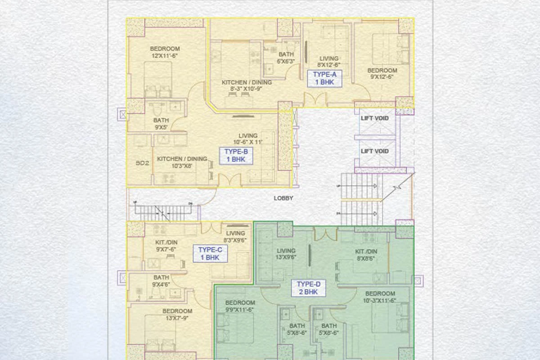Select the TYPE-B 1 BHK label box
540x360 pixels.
click(x=236, y=155)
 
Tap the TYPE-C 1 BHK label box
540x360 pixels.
click(x=209, y=254)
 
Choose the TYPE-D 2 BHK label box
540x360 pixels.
click(x=308, y=288)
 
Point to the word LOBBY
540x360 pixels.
click(x=283, y=198)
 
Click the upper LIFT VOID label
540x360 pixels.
click(x=374, y=118)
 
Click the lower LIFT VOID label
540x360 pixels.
click(x=374, y=151)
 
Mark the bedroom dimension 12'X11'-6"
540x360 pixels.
click(x=165, y=56)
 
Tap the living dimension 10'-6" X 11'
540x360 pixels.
click(x=248, y=142)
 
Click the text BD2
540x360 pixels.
click(x=142, y=163)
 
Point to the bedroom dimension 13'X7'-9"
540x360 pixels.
click(x=177, y=318)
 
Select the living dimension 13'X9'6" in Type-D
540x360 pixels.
click(x=286, y=258)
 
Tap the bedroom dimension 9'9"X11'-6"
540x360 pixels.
click(x=240, y=310)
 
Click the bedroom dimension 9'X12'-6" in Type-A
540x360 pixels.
click(x=382, y=77)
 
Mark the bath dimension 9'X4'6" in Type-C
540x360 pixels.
click(x=161, y=284)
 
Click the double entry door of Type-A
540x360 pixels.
click(x=315, y=100)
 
